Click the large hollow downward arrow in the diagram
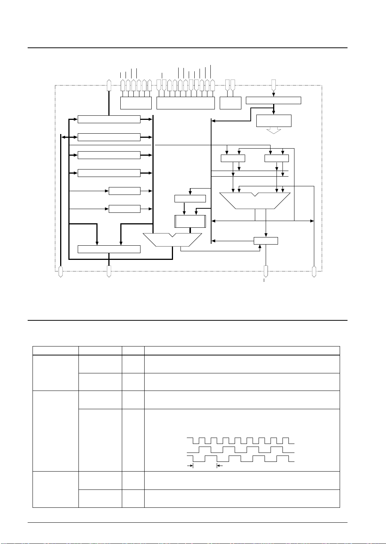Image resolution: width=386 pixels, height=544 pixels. pos(274,130)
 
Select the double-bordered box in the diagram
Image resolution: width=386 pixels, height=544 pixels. pos(190,221)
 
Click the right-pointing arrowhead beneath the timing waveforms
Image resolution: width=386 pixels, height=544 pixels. pos(191,466)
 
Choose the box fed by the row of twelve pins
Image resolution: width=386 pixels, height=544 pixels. pos(185,103)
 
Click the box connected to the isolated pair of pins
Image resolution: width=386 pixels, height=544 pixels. pos(230,103)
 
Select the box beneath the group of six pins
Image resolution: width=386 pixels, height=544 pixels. pos(136,103)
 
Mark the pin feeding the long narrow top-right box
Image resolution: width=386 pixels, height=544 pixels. pos(274,84)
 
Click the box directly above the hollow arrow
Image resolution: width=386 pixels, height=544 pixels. pos(274,121)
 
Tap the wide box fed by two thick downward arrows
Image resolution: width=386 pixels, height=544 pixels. pos(109,249)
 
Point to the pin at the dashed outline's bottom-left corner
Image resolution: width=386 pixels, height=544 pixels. pos(61,271)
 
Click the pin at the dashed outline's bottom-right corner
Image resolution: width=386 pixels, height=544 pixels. pos(314,271)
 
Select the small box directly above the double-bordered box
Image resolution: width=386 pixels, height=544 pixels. pos(190,199)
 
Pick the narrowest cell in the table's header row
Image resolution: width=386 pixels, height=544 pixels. pos(133,351)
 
